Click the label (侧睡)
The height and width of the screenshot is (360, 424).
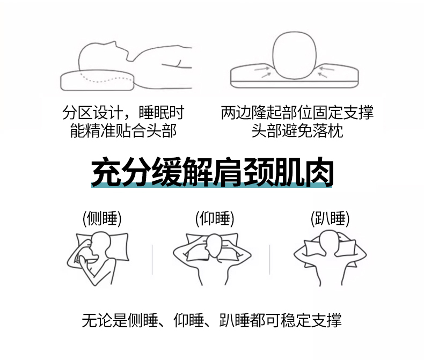coord(102,219)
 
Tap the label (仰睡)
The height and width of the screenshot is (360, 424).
coord(215,219)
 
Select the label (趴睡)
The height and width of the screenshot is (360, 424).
coord(330,219)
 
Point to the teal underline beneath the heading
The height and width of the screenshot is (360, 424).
coord(211,185)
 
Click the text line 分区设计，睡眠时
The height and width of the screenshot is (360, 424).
coord(123,113)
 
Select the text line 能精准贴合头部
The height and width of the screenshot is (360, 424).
coord(123,131)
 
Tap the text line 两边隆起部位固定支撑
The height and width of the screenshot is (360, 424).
coord(297,113)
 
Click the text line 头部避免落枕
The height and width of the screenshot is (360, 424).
coord(297,131)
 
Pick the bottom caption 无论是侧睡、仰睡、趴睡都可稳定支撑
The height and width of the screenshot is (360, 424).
coord(211,320)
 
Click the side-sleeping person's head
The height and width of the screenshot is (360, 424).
coord(100,243)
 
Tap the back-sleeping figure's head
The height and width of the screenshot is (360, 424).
coord(214,245)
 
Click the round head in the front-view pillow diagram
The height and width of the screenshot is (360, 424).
coord(294,55)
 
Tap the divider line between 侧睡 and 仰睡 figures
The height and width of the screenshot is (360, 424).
coord(152,260)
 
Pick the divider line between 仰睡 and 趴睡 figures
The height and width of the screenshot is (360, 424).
coord(269,260)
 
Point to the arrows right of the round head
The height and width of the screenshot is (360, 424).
coord(326,71)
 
